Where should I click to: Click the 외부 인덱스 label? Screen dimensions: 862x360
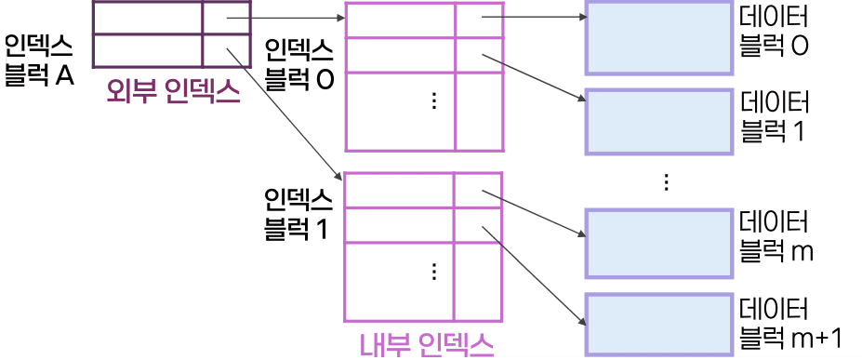pyautogui.click(x=173, y=92)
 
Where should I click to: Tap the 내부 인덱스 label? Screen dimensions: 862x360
pyautogui.click(x=427, y=345)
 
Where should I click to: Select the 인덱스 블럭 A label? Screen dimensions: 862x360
pyautogui.click(x=39, y=61)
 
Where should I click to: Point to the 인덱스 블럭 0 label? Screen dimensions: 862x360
pyautogui.click(x=299, y=64)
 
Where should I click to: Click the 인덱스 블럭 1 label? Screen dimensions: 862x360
pyautogui.click(x=298, y=213)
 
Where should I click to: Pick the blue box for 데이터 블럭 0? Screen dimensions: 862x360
pyautogui.click(x=658, y=37)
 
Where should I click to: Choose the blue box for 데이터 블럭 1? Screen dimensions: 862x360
pyautogui.click(x=658, y=121)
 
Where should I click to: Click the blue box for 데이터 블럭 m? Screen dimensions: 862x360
pyautogui.click(x=658, y=243)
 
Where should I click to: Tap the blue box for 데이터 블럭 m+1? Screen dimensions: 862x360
pyautogui.click(x=658, y=324)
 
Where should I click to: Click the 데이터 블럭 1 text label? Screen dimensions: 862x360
pyautogui.click(x=775, y=115)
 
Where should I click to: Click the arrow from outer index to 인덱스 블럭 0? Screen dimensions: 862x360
pyautogui.click(x=285, y=17)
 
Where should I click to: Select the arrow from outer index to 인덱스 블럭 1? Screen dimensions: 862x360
pyautogui.click(x=285, y=108)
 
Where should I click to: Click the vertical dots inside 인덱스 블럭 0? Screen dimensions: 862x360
pyautogui.click(x=433, y=100)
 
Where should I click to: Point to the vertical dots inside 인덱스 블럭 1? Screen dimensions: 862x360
pyautogui.click(x=433, y=271)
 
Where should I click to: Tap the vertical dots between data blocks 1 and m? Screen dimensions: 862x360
pyautogui.click(x=667, y=182)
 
